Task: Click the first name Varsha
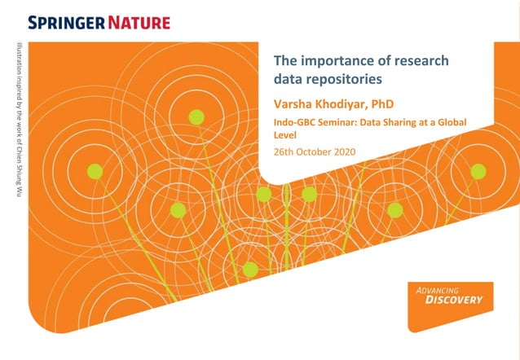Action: (294, 104)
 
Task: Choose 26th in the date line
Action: (284, 151)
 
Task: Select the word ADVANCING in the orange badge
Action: (438, 289)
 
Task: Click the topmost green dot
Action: (196, 117)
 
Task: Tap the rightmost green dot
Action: (478, 171)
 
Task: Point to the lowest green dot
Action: (250, 269)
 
